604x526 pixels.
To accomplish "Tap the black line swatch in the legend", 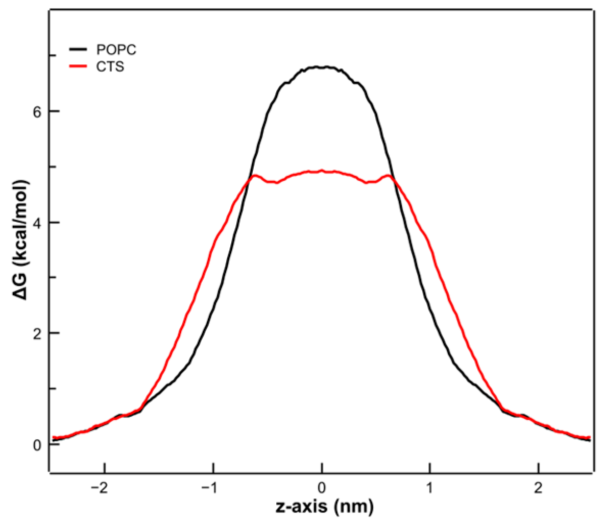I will coord(79,50).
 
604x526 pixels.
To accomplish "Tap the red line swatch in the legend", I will coord(79,66).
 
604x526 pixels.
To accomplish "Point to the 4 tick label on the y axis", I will coord(37,223).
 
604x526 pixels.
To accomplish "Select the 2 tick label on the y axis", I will coord(37,333).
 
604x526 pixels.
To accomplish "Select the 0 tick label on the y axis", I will coord(37,444).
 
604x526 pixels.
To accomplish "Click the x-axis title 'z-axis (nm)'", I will coord(322,508).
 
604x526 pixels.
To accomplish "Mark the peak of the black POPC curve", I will coord(322,67).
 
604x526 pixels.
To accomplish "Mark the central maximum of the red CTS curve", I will coord(322,171).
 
